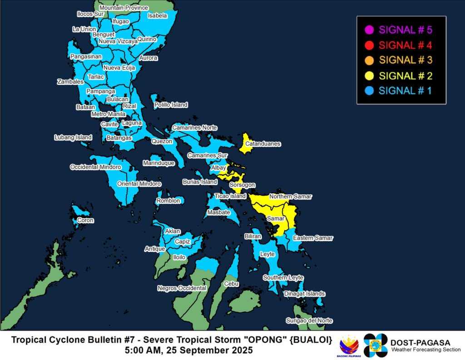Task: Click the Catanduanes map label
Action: tap(263, 144)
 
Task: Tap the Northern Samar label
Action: tap(291, 197)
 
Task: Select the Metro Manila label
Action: tap(109, 114)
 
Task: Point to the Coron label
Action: tap(85, 220)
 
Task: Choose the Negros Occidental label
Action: tap(182, 288)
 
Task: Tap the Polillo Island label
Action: tap(171, 105)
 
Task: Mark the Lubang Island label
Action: tap(73, 137)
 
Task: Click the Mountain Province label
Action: tap(124, 8)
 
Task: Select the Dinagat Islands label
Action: tap(304, 294)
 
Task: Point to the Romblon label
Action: tap(168, 201)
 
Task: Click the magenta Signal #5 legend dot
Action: tap(369, 30)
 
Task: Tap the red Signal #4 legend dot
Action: tap(369, 45)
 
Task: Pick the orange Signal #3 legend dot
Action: tap(369, 60)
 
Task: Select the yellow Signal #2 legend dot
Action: tap(369, 75)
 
